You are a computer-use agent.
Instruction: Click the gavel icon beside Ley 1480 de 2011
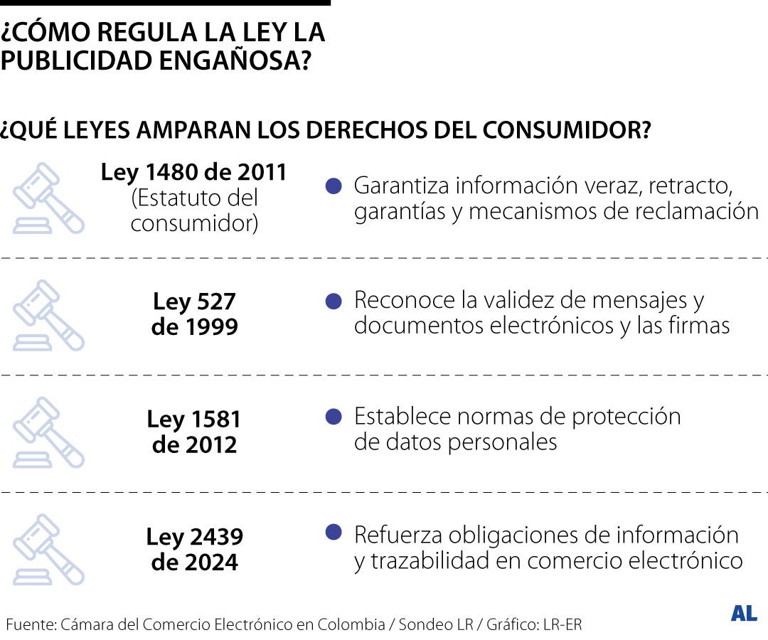pyautogui.click(x=48, y=198)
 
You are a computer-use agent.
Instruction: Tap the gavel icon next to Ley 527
pyautogui.click(x=48, y=315)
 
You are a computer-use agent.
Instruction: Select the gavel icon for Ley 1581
pyautogui.click(x=48, y=432)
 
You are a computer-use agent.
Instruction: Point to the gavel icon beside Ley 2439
pyautogui.click(x=48, y=550)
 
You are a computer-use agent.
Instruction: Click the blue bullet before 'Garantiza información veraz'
pyautogui.click(x=334, y=186)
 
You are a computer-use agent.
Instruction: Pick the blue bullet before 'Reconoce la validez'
pyautogui.click(x=334, y=301)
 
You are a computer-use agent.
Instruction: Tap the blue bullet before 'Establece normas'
pyautogui.click(x=334, y=417)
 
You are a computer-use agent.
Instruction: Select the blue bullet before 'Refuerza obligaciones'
pyautogui.click(x=334, y=532)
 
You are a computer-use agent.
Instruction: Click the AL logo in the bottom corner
pyautogui.click(x=744, y=614)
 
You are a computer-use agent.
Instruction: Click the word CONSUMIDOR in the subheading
pyautogui.click(x=567, y=131)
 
